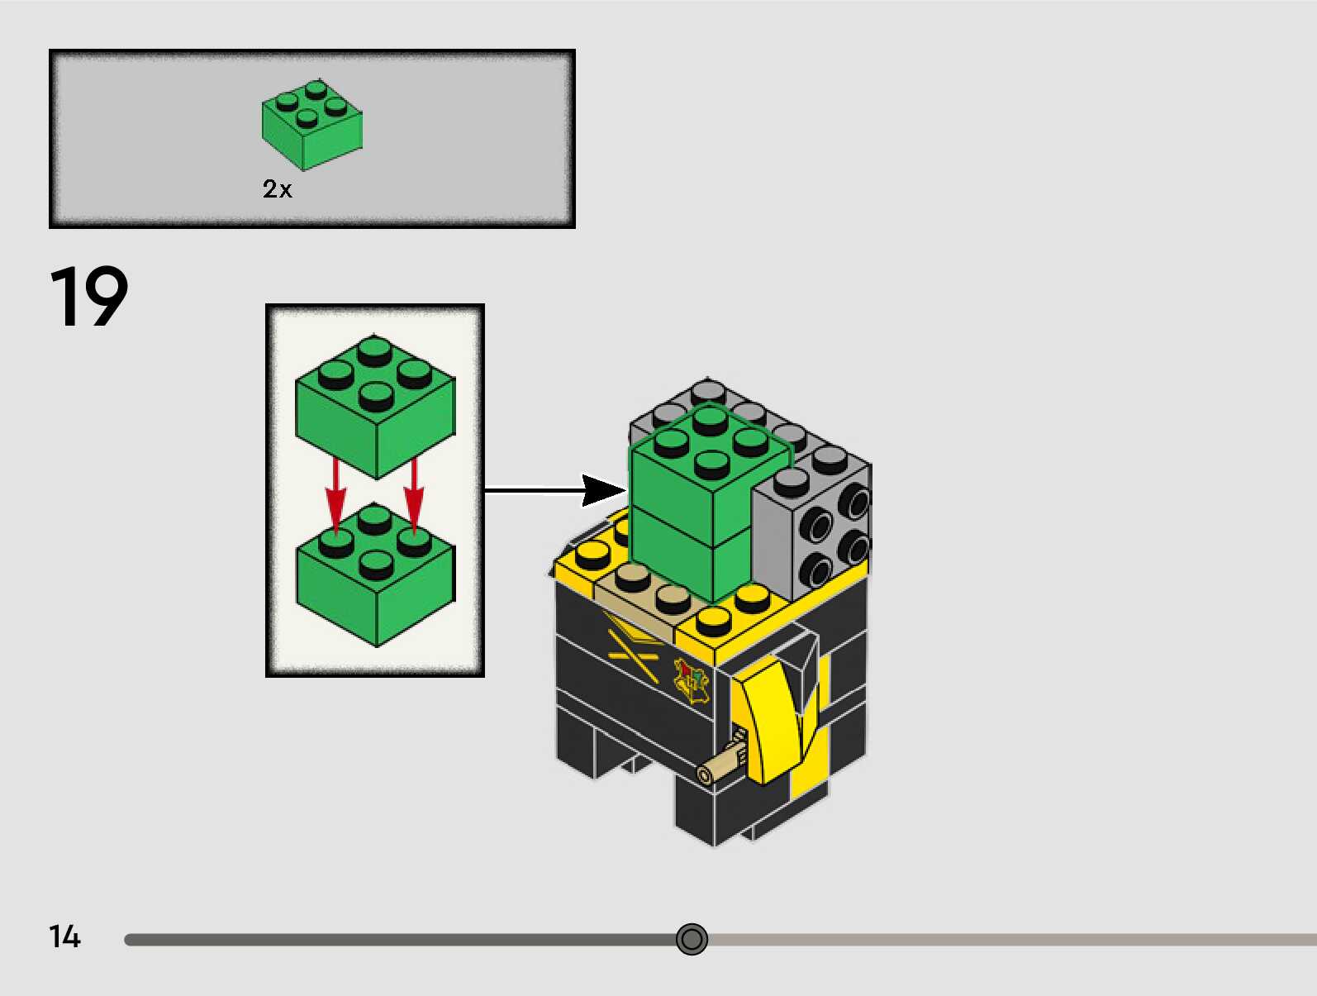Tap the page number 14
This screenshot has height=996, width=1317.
click(64, 936)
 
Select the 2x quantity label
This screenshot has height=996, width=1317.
click(277, 189)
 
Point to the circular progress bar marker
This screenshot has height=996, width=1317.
click(692, 939)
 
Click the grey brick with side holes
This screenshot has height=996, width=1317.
click(814, 529)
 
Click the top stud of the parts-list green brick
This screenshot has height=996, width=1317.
click(315, 88)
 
